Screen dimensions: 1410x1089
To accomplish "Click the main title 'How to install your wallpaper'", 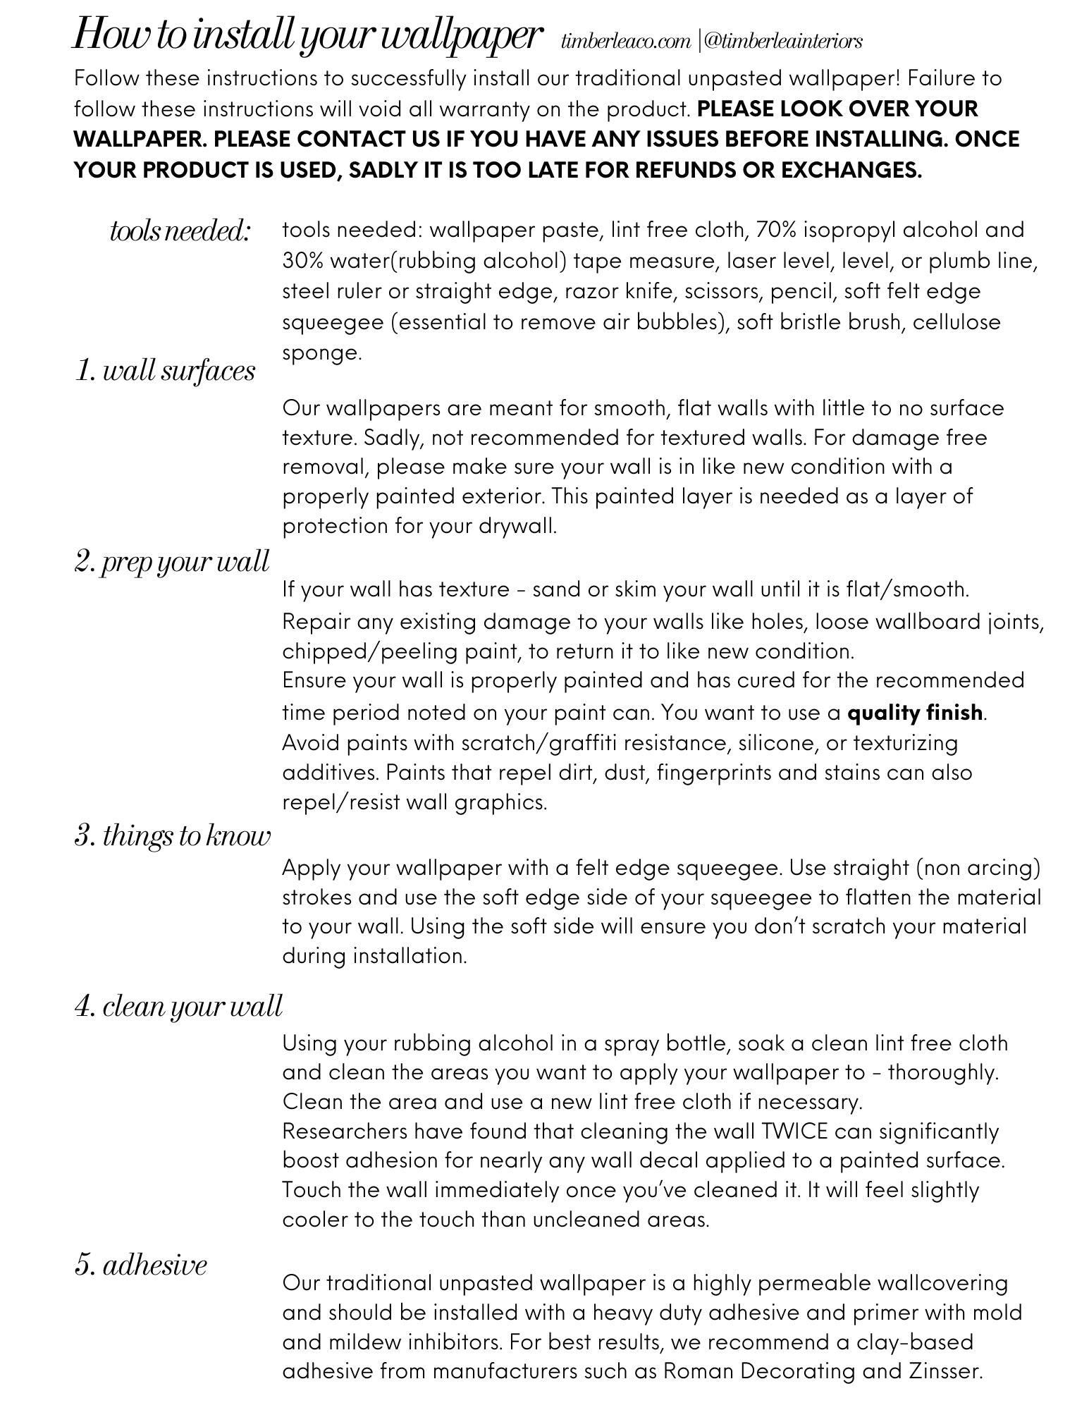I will coord(307,35).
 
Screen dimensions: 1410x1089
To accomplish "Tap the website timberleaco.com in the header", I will coord(626,41).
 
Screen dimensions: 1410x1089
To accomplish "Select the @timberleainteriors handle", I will coord(782,41).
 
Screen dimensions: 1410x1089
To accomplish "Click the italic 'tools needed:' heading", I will coord(180,231).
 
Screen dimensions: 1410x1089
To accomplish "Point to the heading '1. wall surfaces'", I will coord(165,371).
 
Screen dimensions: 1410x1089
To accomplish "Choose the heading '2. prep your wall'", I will coord(171,562).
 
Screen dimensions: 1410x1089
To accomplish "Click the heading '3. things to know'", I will coord(172,836).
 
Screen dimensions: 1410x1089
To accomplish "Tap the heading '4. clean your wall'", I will coord(178,1006).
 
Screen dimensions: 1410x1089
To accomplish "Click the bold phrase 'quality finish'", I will coord(914,713).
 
